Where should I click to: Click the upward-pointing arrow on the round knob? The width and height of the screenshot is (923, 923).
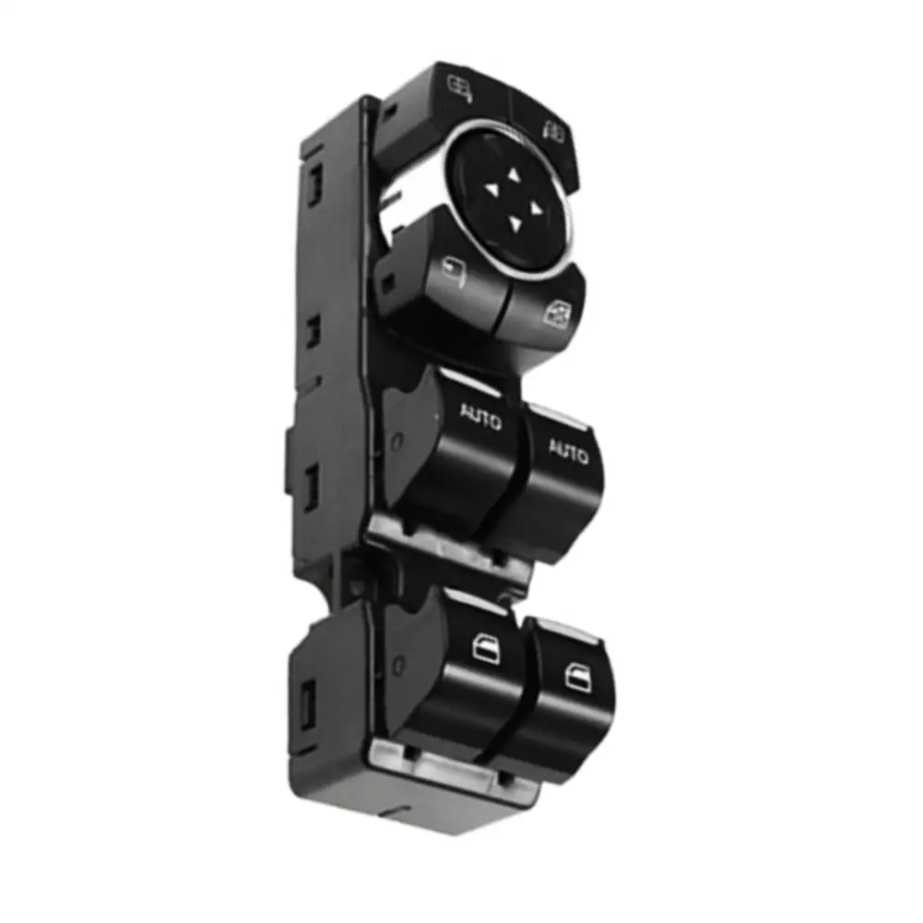[x=514, y=175]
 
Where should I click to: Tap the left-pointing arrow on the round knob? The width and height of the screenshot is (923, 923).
[x=491, y=189]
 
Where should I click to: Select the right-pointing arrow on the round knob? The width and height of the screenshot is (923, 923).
[x=535, y=209]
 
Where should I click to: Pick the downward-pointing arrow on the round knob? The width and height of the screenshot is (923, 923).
[x=515, y=224]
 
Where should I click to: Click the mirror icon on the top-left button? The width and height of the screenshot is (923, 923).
[x=460, y=88]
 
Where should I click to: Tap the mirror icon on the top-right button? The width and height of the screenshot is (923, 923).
[x=554, y=132]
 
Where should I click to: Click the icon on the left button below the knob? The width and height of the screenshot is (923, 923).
[x=454, y=273]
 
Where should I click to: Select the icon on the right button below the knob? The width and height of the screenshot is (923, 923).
[x=556, y=314]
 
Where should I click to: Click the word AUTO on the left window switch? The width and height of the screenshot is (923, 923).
[x=480, y=416]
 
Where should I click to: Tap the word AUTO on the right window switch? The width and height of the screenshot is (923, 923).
[x=568, y=450]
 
